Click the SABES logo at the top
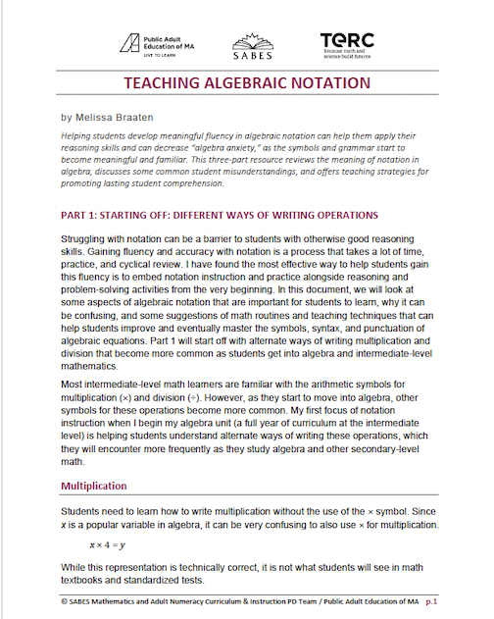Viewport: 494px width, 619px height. tap(246, 43)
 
